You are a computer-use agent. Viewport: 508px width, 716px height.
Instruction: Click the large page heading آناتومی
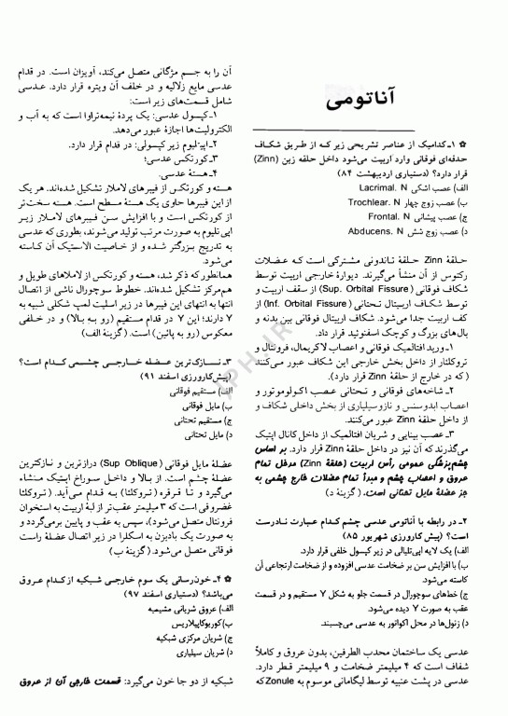(x=360, y=93)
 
